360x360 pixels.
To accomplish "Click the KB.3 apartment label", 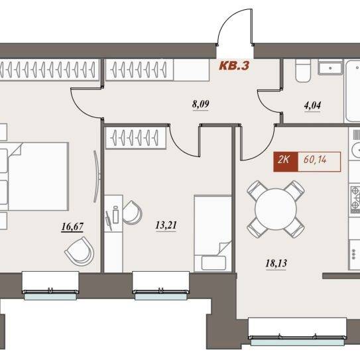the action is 234,66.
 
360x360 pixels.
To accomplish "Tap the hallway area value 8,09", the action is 201,104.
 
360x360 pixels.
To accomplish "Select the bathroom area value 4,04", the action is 312,105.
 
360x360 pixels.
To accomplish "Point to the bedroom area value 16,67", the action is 72,227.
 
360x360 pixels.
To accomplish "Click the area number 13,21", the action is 166,225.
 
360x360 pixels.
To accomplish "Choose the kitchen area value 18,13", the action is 276,263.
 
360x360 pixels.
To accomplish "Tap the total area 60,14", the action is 315,159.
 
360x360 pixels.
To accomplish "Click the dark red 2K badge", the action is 286,162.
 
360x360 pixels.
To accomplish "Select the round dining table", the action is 276,209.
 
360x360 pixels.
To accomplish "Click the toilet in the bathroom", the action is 303,70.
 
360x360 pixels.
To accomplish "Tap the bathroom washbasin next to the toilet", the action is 330,67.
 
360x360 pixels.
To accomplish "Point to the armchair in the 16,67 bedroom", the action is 80,251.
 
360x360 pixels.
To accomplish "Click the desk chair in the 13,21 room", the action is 132,212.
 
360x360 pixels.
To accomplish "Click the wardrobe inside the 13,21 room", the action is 136,138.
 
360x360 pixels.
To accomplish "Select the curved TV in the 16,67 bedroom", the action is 97,176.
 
